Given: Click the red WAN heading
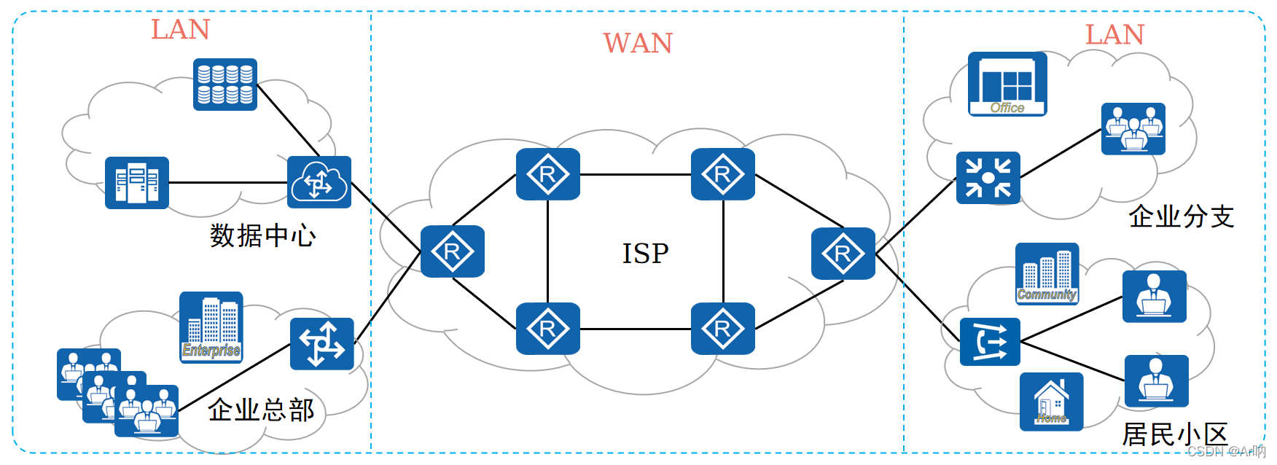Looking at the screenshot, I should point(638,44).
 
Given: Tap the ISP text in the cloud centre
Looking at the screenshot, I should point(645,254).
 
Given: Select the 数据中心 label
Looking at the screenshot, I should point(263,236).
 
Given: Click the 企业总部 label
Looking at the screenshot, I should point(261,410).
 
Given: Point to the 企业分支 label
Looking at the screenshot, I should point(1181,216).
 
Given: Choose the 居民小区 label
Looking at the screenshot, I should point(1175,434).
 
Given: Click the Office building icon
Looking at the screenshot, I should point(1007,84).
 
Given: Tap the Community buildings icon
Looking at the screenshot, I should point(1047,273).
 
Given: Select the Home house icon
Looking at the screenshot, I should point(1051,402).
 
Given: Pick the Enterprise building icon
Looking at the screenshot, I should point(211,327).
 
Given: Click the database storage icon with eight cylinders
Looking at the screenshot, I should point(225,85).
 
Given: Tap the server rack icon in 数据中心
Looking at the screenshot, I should point(137,183).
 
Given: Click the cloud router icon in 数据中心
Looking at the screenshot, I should point(319,182).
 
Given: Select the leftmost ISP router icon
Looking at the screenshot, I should point(453,251).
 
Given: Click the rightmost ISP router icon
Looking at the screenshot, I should point(843,254).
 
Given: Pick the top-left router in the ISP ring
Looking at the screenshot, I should point(548,174).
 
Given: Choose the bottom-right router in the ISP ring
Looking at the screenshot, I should point(723,329).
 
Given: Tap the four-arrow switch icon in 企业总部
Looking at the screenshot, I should point(321,344).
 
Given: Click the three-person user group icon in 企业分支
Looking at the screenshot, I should point(1133,129).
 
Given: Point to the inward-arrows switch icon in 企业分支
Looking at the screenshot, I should point(988,178).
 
